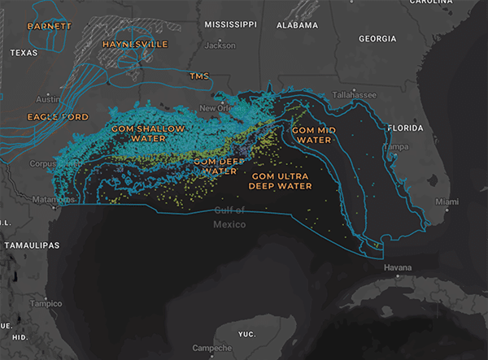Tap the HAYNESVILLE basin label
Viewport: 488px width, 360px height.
[x=133, y=43]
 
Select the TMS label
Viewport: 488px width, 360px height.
[x=199, y=76]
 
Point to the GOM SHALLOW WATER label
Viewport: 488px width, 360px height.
[x=150, y=133]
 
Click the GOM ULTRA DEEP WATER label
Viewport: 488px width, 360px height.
[x=281, y=180]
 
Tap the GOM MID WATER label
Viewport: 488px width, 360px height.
[x=312, y=134]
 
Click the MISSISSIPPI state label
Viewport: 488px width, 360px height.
[x=231, y=25]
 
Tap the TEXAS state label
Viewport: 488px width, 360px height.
[x=24, y=52]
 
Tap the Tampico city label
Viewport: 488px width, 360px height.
[x=47, y=303]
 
